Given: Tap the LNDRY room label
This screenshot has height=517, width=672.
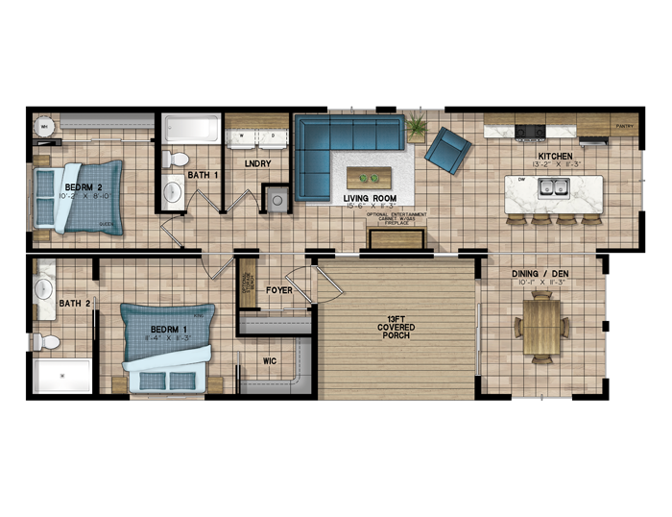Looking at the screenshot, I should tap(258, 164).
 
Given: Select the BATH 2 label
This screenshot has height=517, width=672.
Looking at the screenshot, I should tap(74, 305).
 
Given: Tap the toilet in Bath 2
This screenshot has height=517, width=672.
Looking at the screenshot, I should tap(44, 340).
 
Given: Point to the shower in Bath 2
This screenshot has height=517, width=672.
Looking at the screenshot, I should tap(63, 376).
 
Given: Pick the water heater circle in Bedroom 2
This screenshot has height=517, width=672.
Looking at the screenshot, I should tap(43, 125).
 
